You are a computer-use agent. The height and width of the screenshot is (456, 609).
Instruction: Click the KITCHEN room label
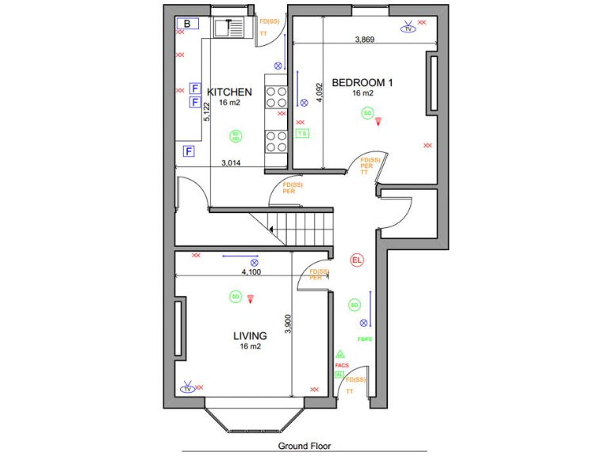coord(229,92)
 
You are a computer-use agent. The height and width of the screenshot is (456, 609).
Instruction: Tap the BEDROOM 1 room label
coord(362,82)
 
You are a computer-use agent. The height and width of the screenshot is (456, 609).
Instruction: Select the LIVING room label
coord(250,336)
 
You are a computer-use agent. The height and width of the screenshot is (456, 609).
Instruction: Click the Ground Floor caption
coord(304,446)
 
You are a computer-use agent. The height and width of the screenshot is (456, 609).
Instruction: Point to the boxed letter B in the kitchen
coord(187,24)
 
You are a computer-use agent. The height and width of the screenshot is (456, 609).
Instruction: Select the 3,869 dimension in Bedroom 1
coord(365,39)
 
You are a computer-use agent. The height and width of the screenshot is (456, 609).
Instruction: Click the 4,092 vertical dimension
coord(319,93)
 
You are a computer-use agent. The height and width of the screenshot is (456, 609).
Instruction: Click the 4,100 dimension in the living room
coord(251,272)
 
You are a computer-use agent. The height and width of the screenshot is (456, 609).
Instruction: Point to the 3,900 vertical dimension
coord(288,325)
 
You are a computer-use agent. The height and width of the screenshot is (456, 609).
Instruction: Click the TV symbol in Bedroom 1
coord(408,28)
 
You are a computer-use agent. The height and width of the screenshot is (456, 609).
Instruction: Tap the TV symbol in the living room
coord(188,388)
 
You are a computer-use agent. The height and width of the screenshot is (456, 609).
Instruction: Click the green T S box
coord(302,134)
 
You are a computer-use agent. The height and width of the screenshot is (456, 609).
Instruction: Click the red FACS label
coord(342,366)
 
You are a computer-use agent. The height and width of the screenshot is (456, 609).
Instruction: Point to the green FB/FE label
coord(365,340)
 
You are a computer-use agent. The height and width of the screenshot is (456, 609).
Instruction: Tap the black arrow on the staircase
coord(272,230)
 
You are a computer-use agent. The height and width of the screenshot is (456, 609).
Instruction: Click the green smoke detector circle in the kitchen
coord(235,136)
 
